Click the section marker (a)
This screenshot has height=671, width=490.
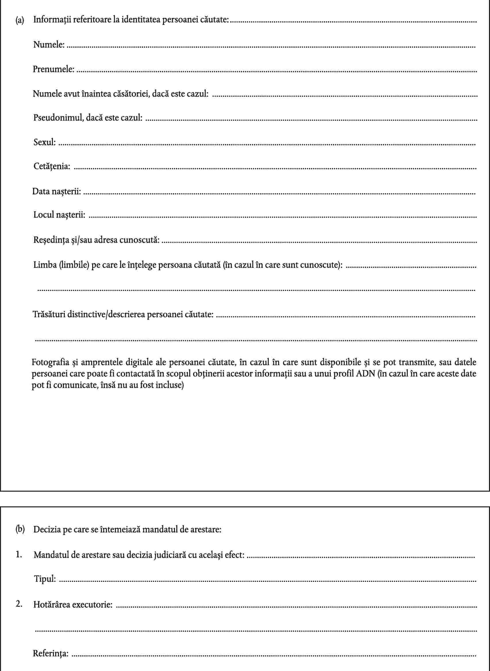click(20, 20)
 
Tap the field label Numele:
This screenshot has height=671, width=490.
click(49, 45)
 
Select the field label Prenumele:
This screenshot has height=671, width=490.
click(53, 69)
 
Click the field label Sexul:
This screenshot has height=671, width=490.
click(45, 142)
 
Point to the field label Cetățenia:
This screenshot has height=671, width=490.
click(52, 166)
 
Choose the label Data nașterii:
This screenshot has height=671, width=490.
click(56, 191)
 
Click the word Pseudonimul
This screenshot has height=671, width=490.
click(57, 118)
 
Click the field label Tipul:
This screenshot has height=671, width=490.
click(45, 579)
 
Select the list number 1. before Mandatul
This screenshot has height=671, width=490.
click(19, 554)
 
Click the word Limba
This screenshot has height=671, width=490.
click(45, 264)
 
